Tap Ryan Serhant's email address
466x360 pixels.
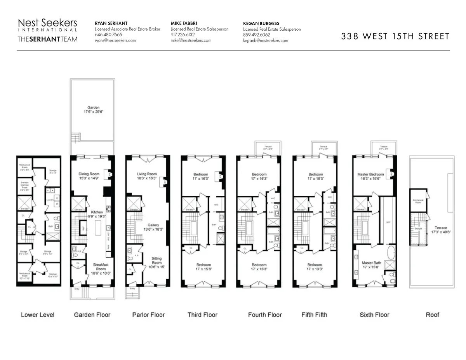[115, 40]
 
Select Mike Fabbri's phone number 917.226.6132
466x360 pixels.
[183, 35]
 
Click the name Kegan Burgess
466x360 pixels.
[261, 23]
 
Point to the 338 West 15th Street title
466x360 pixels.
[395, 37]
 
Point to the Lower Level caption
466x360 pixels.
[38, 315]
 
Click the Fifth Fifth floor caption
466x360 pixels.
[314, 315]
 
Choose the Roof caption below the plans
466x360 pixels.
[432, 315]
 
